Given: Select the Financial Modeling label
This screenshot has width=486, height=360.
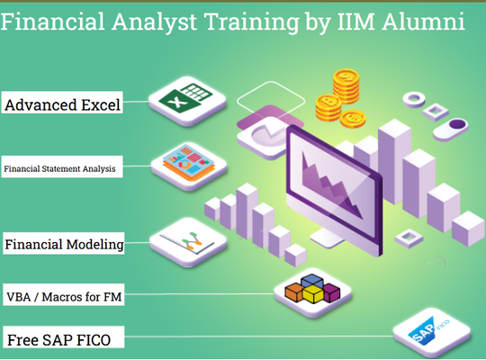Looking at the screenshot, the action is [x=64, y=243].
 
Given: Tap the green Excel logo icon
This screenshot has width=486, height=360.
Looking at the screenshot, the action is [x=185, y=96].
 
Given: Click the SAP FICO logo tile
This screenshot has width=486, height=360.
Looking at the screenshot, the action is [x=432, y=332].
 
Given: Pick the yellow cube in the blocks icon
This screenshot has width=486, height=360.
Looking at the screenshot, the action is [x=313, y=293].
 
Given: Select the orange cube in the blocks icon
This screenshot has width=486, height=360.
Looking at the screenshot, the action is [x=294, y=292].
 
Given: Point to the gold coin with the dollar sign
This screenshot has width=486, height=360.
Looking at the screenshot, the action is [x=346, y=76].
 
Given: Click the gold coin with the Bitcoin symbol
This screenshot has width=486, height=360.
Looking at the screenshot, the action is [x=328, y=102].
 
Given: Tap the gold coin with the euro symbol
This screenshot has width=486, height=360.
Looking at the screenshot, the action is [x=353, y=118].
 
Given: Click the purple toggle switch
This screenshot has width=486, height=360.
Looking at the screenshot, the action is [x=451, y=129].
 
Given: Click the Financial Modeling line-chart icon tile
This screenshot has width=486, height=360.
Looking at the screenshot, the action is [x=188, y=242].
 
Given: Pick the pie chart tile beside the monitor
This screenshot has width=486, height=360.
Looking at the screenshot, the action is [x=263, y=139].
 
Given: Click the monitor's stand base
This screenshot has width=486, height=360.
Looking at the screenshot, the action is [x=327, y=238].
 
